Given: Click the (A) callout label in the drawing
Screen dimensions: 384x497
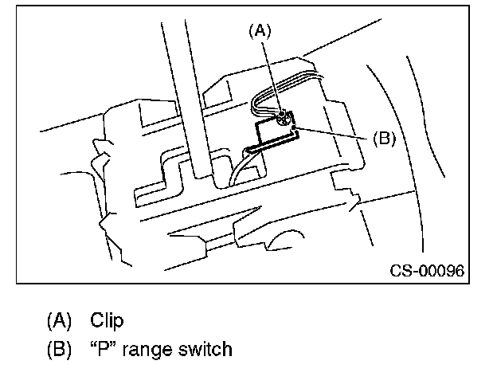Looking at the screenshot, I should coord(260,32).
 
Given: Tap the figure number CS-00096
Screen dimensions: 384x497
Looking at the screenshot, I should coord(427,271).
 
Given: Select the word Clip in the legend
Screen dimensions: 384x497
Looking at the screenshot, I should coord(106,320).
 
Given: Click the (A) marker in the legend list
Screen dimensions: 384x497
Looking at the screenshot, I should coord(60,320).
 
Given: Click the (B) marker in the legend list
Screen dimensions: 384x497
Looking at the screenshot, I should coord(60,349).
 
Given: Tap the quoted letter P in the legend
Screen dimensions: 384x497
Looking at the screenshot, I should coord(107,348).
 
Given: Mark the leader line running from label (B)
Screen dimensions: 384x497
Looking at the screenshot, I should coord(335,132).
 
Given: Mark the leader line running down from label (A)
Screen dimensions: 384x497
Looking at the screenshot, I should coord(272,76).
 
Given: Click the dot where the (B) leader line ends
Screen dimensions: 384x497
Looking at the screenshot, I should coord(295,127).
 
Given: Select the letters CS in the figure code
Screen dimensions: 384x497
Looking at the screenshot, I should coord(399,271).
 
